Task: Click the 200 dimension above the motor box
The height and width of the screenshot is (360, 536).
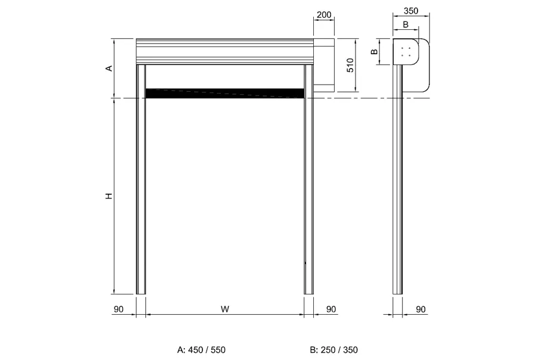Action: pos(324,15)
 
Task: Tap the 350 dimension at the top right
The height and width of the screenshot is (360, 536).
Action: pos(410,11)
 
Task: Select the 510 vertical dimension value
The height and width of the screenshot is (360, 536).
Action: pos(350,65)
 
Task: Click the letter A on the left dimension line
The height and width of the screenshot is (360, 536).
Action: pos(109,68)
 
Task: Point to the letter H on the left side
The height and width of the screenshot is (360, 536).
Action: pos(109,196)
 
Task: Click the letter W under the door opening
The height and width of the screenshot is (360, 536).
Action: pos(225,309)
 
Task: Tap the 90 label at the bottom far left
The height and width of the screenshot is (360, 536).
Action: pos(119,309)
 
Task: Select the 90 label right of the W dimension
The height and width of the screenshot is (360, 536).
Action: pos(331,309)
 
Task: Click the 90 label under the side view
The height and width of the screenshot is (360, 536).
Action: pos(421,309)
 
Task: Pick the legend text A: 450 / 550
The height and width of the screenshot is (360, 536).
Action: pos(201,350)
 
